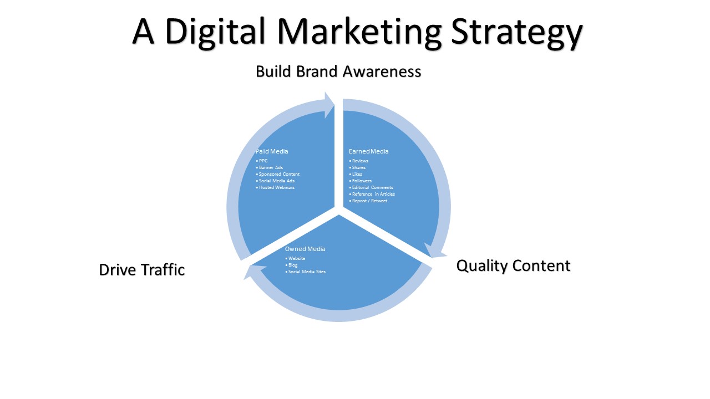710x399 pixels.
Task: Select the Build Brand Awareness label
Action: (338, 71)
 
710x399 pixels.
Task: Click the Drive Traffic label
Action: (141, 270)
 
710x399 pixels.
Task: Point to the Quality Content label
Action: (513, 266)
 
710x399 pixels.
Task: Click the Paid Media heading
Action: (272, 151)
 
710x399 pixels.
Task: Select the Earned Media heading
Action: (369, 151)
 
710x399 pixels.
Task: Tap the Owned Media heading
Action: (305, 249)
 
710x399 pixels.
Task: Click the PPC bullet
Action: (262, 161)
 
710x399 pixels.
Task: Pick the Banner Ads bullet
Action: (270, 167)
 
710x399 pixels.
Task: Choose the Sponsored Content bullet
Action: (278, 174)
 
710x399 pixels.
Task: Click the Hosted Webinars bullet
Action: (275, 187)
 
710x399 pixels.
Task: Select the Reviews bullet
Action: (358, 161)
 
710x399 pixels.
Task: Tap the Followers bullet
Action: (361, 181)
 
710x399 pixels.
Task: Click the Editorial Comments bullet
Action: (371, 187)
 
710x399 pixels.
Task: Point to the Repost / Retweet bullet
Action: (368, 201)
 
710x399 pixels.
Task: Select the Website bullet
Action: (295, 258)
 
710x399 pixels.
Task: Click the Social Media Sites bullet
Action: (305, 272)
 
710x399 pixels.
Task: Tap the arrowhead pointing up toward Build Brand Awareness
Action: (329, 105)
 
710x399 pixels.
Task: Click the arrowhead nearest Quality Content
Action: (435, 251)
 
